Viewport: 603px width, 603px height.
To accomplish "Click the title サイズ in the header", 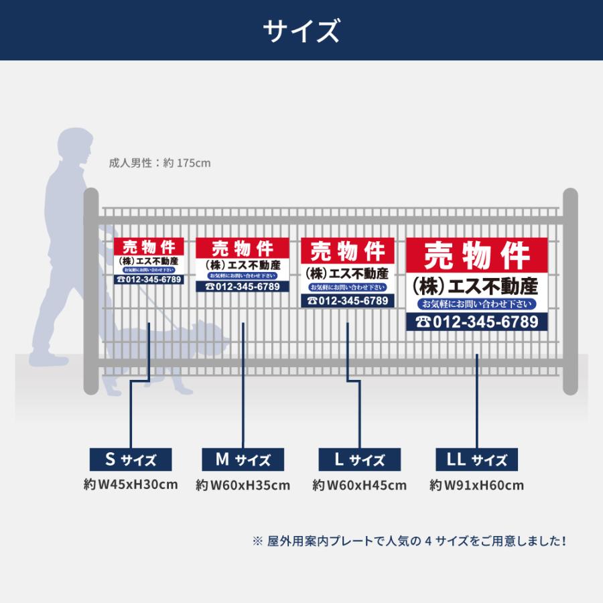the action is (301, 31).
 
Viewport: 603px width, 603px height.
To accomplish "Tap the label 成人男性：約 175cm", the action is (160, 163).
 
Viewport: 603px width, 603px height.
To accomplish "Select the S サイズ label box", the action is (131, 460).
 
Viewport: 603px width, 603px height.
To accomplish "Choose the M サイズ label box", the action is (243, 460).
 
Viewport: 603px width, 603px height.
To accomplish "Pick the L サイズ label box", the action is (359, 460).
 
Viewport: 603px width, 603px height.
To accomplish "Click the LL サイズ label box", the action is (476, 460).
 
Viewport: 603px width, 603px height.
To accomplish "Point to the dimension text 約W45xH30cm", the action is (131, 484).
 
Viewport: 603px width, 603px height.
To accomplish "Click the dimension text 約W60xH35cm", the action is (243, 485).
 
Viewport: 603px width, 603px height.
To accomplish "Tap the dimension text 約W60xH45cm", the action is (359, 485).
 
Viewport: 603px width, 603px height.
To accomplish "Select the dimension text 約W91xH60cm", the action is (476, 485).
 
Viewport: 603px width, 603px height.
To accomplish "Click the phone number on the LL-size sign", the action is (477, 322).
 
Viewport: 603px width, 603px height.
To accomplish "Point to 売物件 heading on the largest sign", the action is (477, 255).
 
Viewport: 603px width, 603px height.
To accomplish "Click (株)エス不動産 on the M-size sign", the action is (243, 265).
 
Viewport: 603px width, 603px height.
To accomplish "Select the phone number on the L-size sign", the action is (347, 301).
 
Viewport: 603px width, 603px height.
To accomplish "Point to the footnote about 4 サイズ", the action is (409, 541).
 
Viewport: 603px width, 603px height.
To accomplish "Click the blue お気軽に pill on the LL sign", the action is (477, 304).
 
